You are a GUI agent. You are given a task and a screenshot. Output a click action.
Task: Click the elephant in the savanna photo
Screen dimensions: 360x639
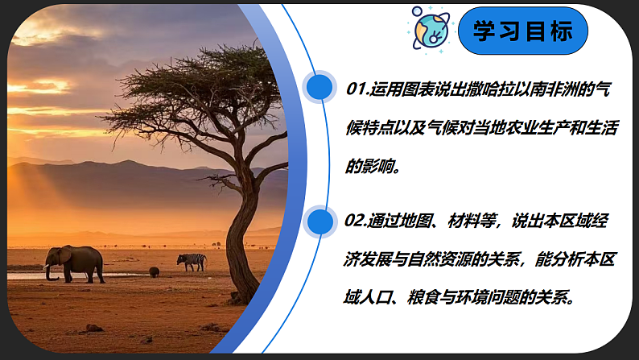tap(75, 262)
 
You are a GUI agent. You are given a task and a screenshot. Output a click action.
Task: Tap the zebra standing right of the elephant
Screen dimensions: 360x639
tap(192, 261)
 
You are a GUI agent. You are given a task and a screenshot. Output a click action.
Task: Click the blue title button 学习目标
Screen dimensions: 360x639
tap(523, 32)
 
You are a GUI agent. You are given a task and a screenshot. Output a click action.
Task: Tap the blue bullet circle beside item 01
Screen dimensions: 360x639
tap(319, 88)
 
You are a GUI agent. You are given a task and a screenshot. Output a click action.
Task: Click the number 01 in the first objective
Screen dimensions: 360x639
tap(357, 89)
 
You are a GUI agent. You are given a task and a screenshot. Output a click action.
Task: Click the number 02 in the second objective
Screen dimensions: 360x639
tap(357, 221)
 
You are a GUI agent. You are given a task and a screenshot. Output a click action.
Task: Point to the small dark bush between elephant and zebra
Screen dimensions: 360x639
tap(154, 272)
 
